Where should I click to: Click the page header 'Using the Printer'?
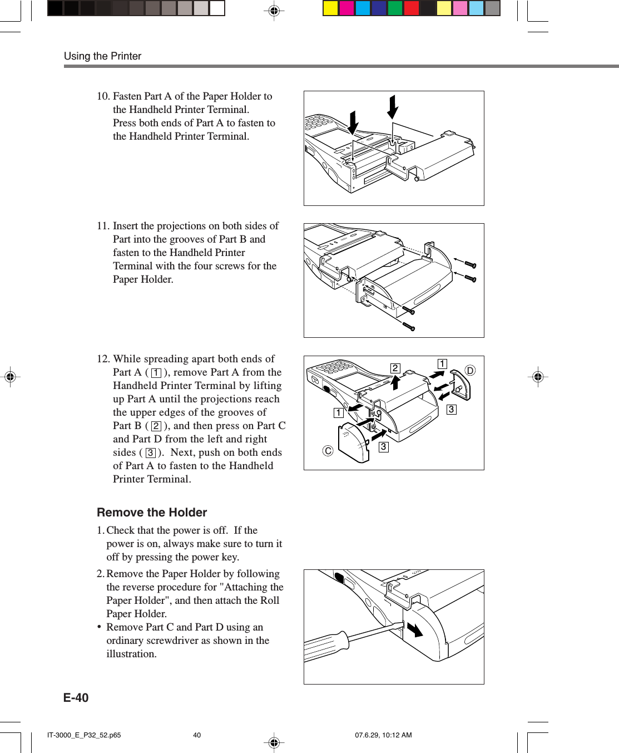pos(102,56)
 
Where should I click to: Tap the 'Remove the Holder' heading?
pos(152,513)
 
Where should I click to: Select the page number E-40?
pos(76,698)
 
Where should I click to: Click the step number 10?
pos(103,96)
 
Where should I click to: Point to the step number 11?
pos(103,226)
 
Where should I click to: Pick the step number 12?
pos(103,359)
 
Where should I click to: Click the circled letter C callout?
pos(328,451)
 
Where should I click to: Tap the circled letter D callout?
pos(470,371)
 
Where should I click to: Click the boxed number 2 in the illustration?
pos(395,368)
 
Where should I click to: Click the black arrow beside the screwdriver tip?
pos(415,629)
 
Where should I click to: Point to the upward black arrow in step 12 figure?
pos(395,382)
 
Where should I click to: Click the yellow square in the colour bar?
pos(331,8)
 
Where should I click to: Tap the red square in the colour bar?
pos(412,8)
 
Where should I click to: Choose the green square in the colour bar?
pos(395,8)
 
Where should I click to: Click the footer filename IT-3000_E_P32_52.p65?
pos(84,735)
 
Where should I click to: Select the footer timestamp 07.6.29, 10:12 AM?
pos(383,735)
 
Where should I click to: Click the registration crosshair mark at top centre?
pos(274,11)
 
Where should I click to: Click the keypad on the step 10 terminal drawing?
pos(319,122)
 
